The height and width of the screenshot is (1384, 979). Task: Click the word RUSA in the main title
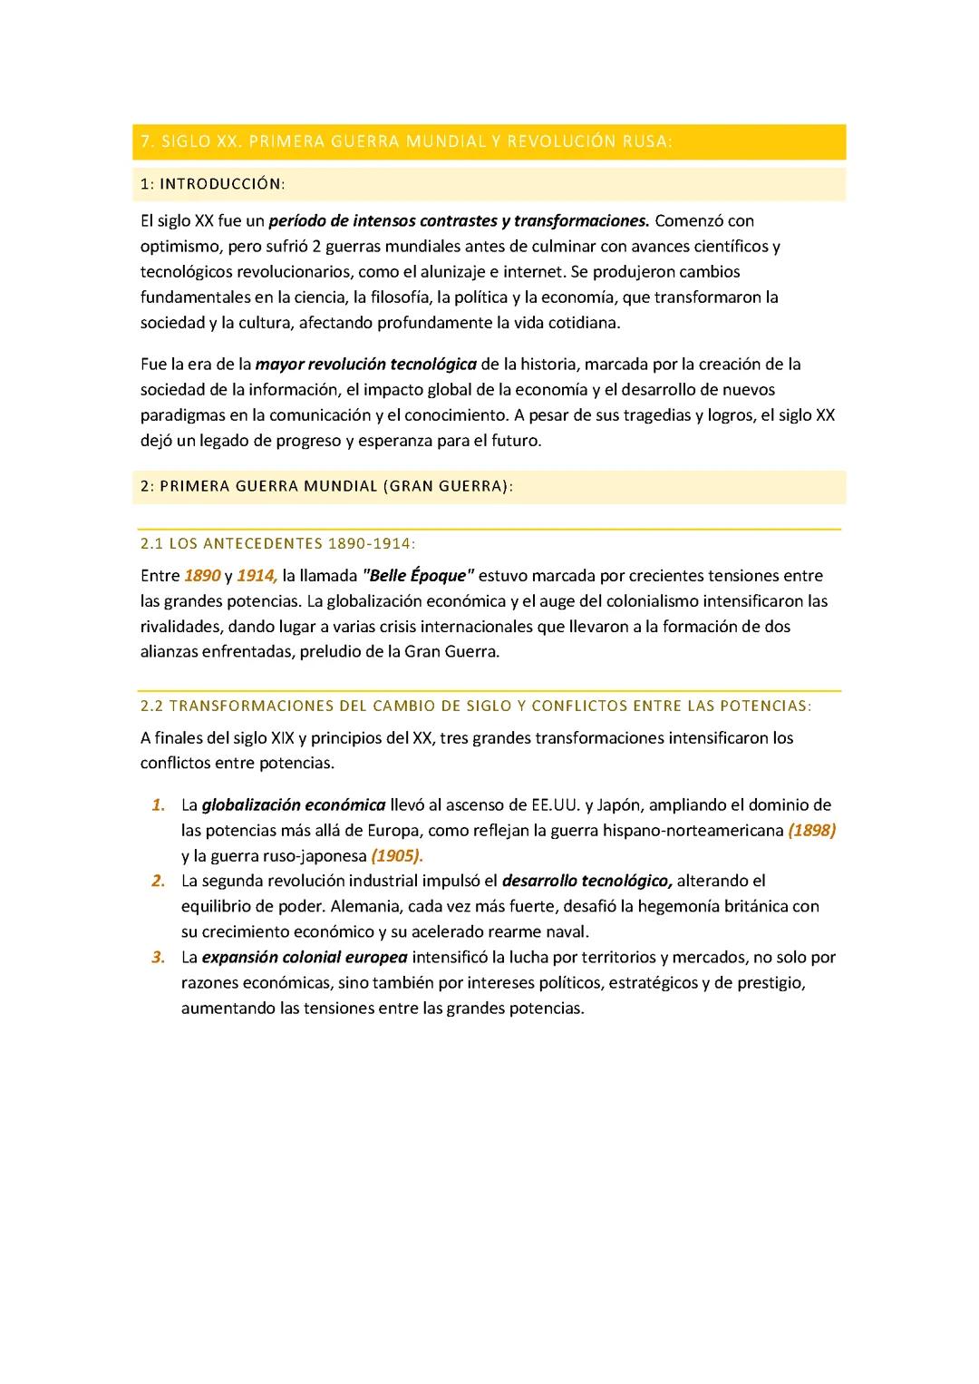(x=647, y=141)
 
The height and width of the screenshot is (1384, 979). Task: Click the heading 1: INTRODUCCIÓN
(x=213, y=184)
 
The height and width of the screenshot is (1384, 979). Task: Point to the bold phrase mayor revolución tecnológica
(x=365, y=365)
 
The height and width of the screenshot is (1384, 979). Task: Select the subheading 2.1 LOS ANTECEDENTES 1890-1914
(x=278, y=544)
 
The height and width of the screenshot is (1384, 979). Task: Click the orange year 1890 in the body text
(x=202, y=576)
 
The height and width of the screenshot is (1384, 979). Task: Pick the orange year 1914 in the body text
(x=257, y=576)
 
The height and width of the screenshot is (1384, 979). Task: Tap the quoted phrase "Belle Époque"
(x=418, y=576)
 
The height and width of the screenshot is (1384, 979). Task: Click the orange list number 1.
(x=159, y=805)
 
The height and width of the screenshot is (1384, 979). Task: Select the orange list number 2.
(x=159, y=881)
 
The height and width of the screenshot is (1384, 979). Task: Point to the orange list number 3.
(x=159, y=957)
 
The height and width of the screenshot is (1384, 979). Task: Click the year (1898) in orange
(x=811, y=831)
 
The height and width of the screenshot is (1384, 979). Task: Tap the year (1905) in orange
(x=397, y=856)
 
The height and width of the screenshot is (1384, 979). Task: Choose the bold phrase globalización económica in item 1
(x=294, y=805)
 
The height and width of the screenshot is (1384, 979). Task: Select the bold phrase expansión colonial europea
(x=305, y=957)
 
